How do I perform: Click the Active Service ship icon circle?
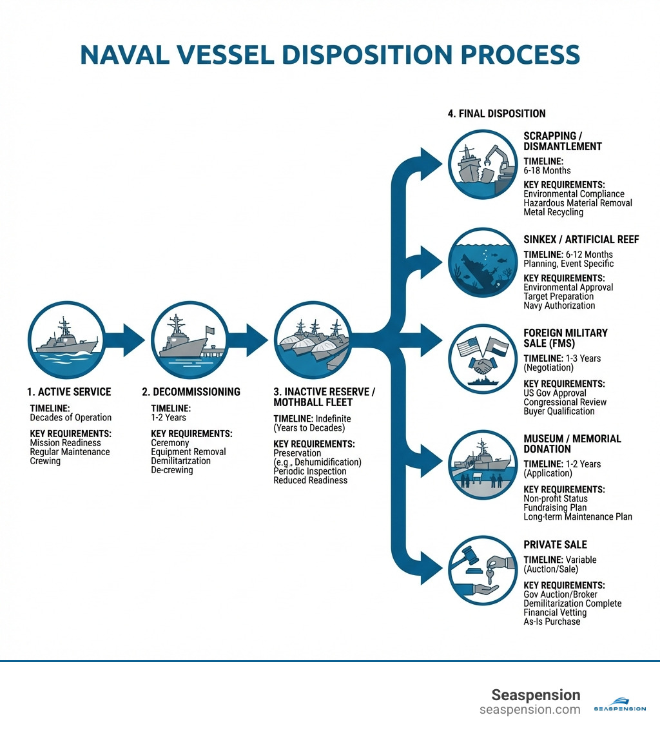tap(66, 339)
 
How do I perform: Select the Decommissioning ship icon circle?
tap(189, 339)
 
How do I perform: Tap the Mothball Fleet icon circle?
tap(313, 340)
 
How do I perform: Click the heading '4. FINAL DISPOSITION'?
tap(496, 113)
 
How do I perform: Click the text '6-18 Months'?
tap(547, 171)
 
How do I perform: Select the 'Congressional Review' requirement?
tap(565, 402)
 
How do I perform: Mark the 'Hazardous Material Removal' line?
tap(577, 203)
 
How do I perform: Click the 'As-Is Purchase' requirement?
tap(552, 622)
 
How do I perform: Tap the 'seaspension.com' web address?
tap(530, 710)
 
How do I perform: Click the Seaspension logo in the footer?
tap(619, 703)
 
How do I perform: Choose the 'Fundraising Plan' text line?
tap(555, 507)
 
